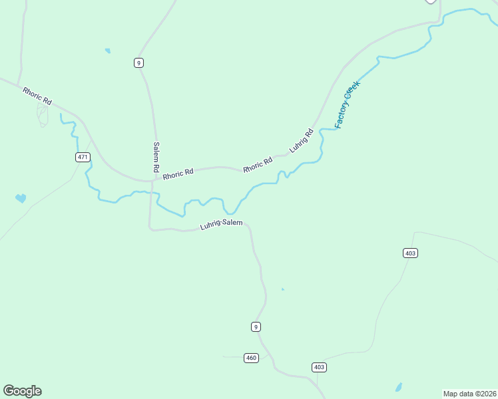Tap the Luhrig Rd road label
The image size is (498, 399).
tap(302, 140)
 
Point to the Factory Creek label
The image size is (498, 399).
tap(347, 104)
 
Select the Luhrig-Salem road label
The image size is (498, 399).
tap(222, 225)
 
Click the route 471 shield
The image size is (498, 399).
tap(82, 157)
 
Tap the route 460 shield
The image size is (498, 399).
tap(251, 358)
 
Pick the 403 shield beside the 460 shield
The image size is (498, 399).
tap(319, 367)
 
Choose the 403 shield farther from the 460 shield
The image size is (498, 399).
tap(410, 253)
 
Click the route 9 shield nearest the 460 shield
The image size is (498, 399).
tap(256, 326)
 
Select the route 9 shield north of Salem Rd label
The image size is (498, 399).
tap(138, 63)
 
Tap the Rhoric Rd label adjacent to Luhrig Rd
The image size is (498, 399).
tap(258, 164)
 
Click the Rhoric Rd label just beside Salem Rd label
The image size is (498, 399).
tap(178, 173)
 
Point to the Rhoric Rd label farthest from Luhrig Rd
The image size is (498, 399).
tap(37, 96)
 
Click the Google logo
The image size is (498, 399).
tap(22, 391)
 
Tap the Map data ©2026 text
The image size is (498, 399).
tap(470, 393)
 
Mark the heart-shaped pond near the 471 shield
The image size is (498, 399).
tap(21, 198)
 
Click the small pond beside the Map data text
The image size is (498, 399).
tap(398, 386)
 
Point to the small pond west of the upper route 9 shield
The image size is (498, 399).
tap(107, 51)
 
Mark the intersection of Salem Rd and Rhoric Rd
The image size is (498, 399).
tap(152, 180)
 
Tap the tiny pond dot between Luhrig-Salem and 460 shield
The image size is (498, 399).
tap(282, 289)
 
